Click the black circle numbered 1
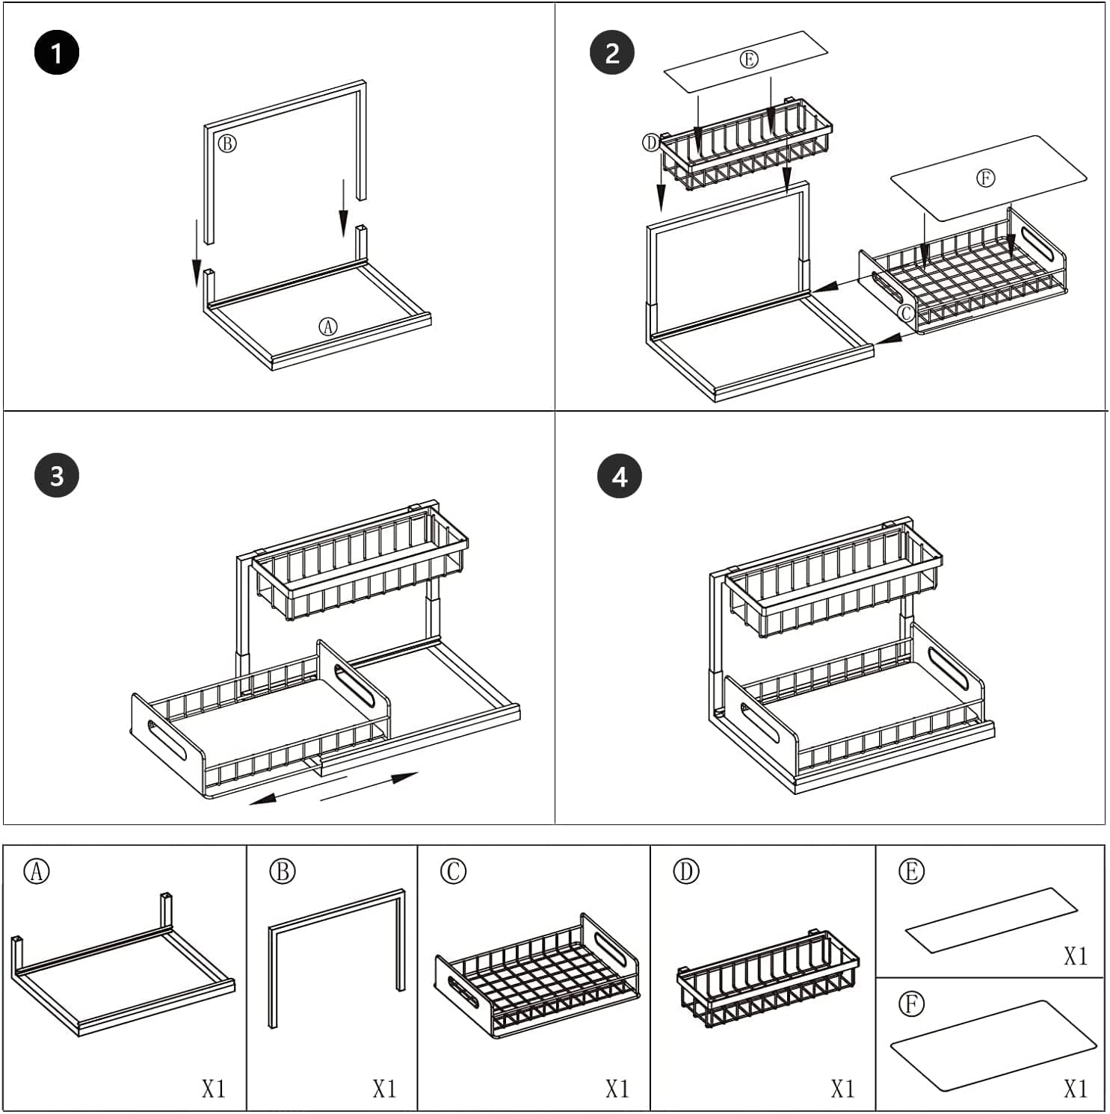click(x=57, y=53)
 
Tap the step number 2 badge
click(x=612, y=53)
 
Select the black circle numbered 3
click(x=57, y=475)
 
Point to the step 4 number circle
click(x=620, y=476)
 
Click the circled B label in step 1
click(x=227, y=143)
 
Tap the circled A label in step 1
click(x=328, y=327)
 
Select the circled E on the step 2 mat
click(x=748, y=60)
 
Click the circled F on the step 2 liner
click(x=985, y=179)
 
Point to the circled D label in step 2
click(x=651, y=143)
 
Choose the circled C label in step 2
click(x=906, y=312)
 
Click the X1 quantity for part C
click(x=617, y=1089)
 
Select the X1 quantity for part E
click(x=1075, y=956)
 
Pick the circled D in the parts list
click(x=685, y=871)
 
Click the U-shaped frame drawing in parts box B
click(x=337, y=953)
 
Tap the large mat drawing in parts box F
click(x=993, y=1046)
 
